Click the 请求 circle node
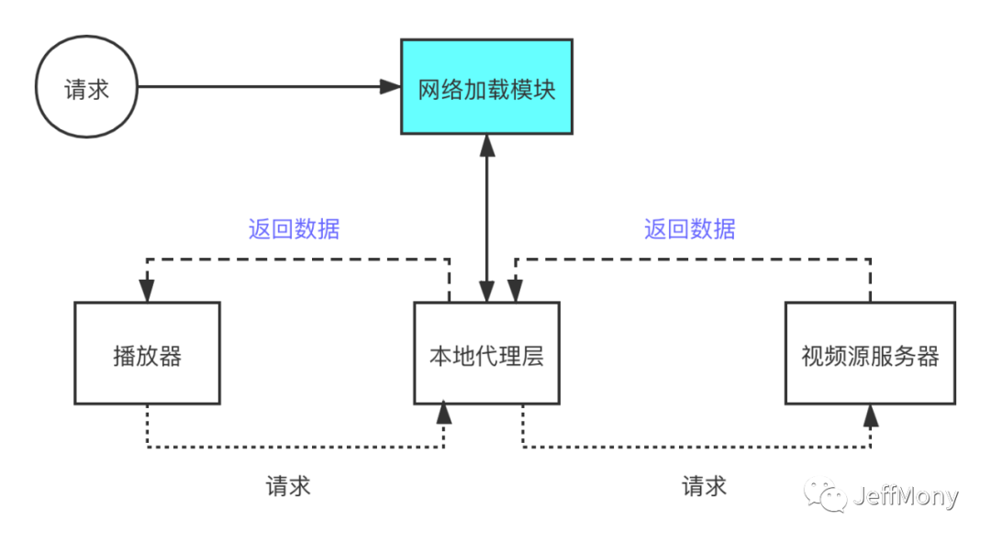[87, 88]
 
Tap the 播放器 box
[147, 354]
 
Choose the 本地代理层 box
[486, 354]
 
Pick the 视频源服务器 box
[870, 354]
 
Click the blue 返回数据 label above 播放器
[294, 229]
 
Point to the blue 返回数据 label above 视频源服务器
[689, 229]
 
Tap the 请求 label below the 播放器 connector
[289, 486]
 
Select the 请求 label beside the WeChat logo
[704, 486]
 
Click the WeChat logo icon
[826, 494]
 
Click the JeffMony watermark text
[905, 496]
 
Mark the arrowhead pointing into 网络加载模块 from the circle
[393, 88]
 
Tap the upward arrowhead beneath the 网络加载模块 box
[486, 145]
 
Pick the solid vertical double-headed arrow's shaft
[486, 220]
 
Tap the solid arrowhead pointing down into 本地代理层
[486, 292]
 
